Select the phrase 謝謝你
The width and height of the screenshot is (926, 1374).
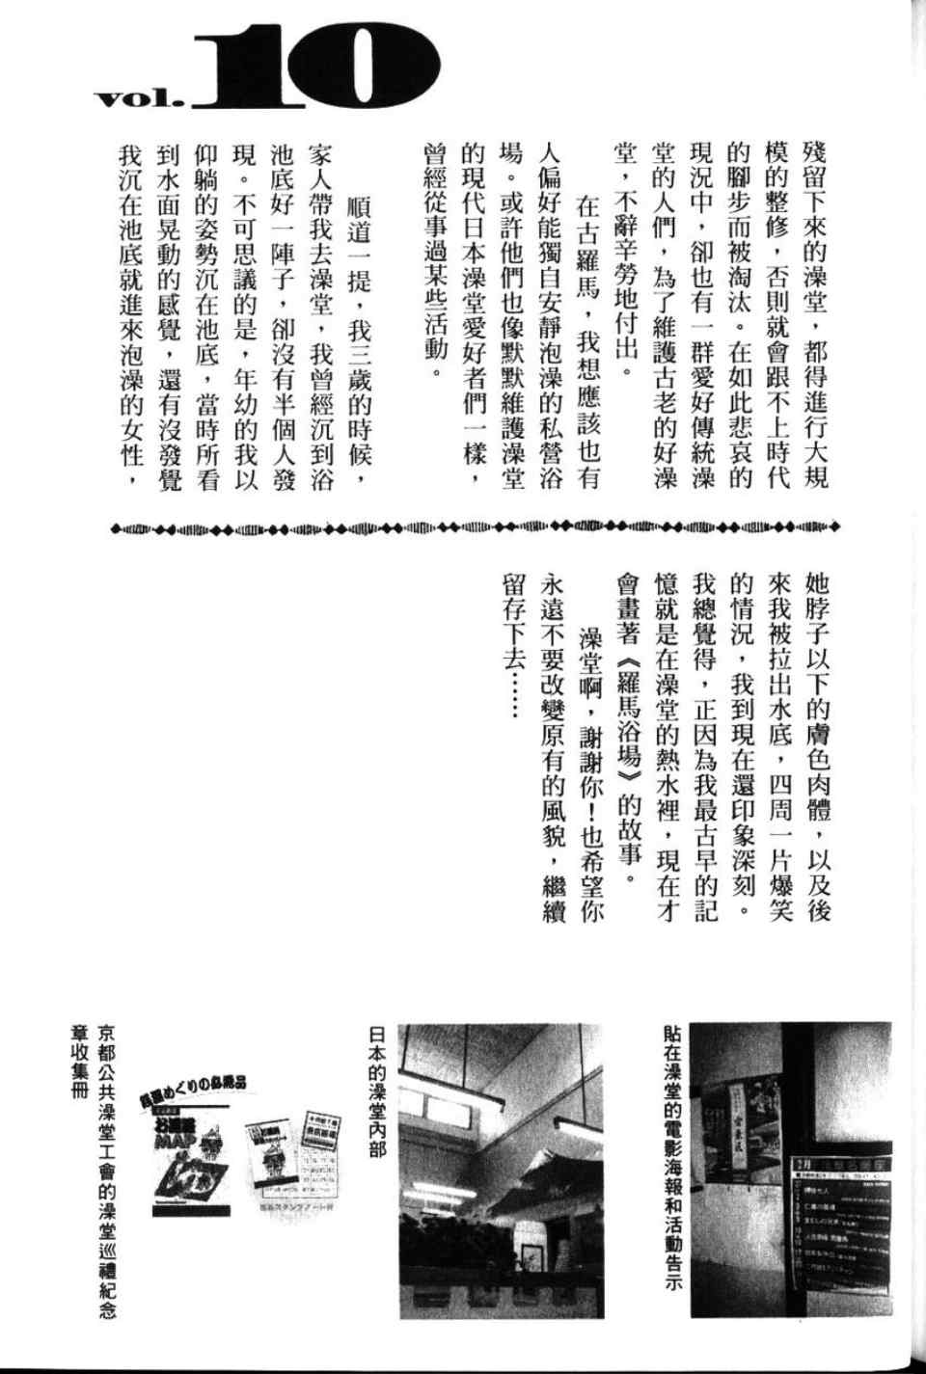(589, 761)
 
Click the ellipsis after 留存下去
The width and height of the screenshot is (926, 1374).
(512, 698)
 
